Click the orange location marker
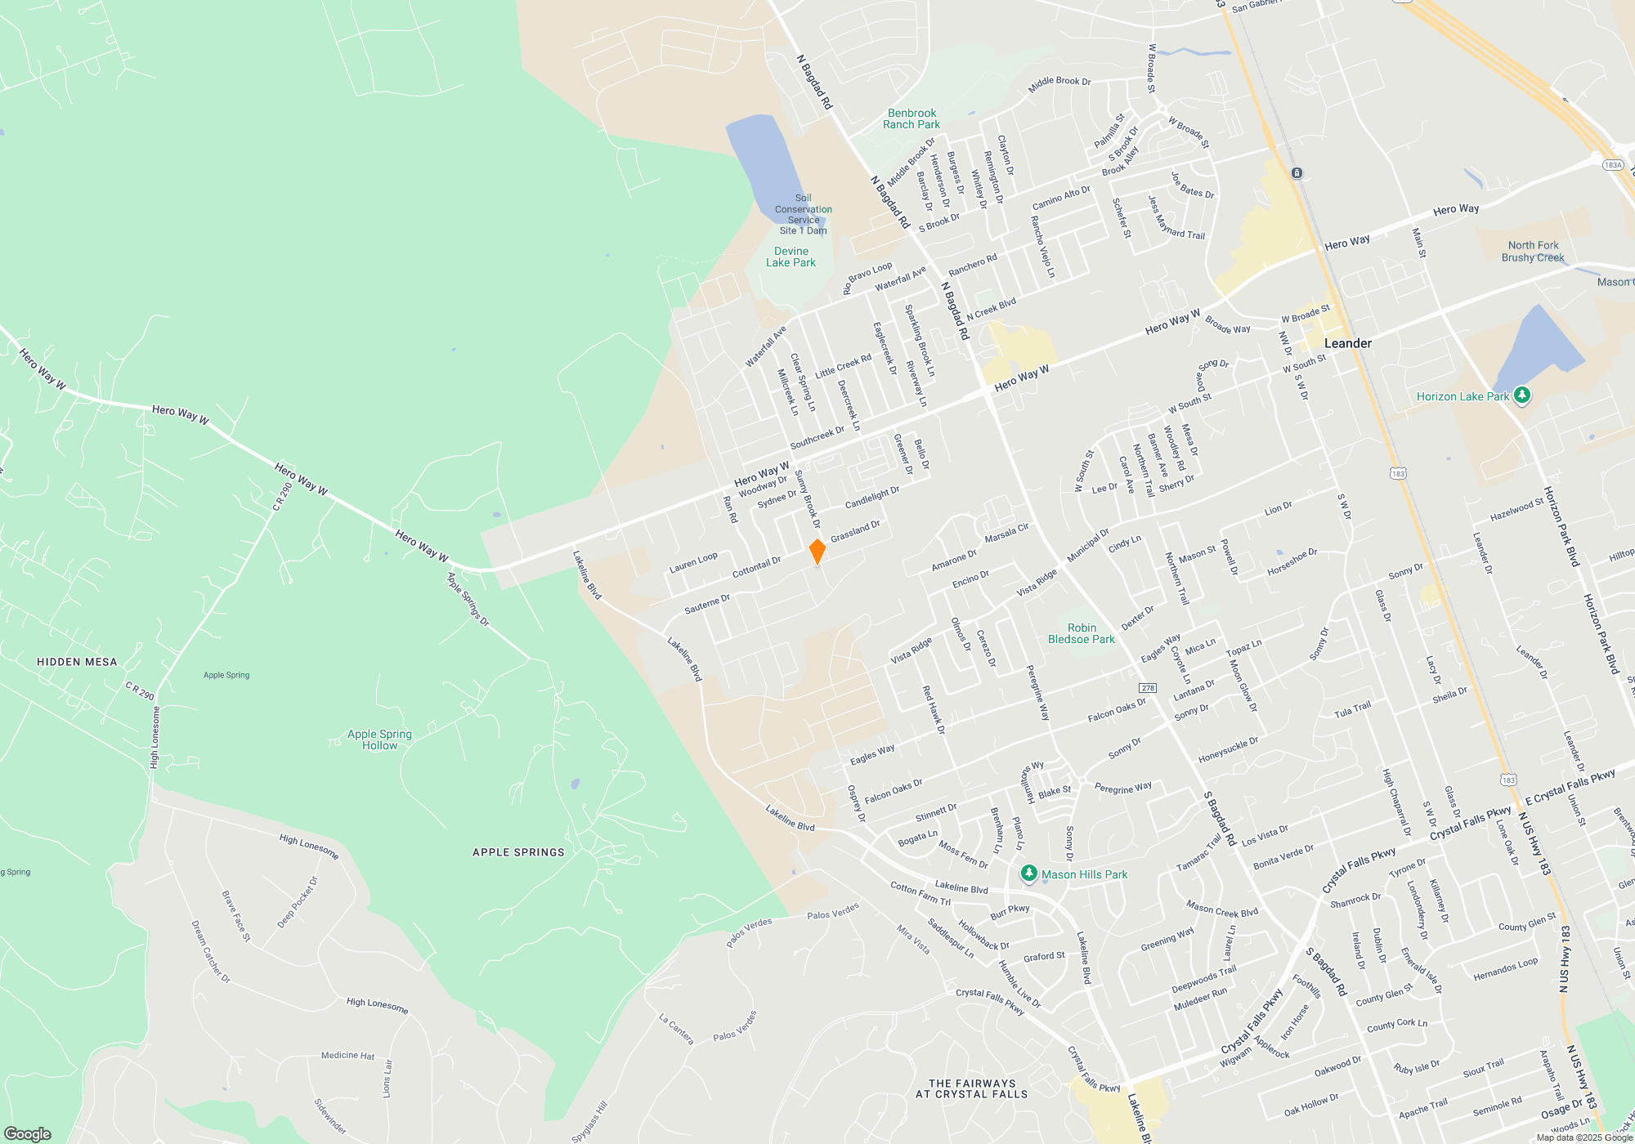coord(817,551)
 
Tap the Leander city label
coord(1347,343)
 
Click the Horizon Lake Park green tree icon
coord(1521,395)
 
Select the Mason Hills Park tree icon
coord(1029,874)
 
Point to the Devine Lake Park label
coord(791,257)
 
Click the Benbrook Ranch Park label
coord(912,119)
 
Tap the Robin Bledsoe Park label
coord(1082,633)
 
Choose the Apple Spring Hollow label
coord(379,740)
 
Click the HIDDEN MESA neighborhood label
coord(77,662)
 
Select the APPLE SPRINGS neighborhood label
coord(518,852)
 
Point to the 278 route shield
coord(1148,687)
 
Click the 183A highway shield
coord(1612,165)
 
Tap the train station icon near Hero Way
coord(1297,173)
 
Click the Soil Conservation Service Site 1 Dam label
coord(804,214)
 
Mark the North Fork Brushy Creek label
coord(1533,251)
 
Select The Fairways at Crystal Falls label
coord(972,1088)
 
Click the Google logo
coord(28,1133)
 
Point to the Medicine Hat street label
coord(347,1055)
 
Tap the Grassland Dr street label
coord(855,531)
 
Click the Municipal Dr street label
coord(1087,545)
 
